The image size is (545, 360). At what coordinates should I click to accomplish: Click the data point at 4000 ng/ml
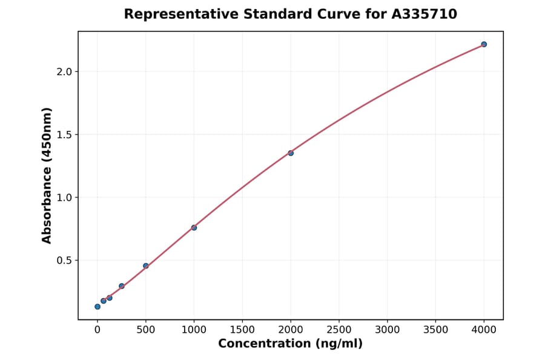coord(484,44)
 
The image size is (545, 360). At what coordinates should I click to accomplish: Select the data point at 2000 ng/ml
coord(291,153)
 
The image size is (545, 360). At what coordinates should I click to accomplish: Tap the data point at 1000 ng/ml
coord(194,227)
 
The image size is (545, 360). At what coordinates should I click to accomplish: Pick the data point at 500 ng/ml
coord(146,265)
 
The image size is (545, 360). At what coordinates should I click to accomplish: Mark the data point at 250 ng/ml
coord(122,286)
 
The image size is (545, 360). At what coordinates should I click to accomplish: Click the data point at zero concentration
coord(97,307)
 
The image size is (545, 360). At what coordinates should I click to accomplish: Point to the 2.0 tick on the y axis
coord(65,72)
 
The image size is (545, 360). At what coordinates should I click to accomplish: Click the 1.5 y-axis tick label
coord(65,135)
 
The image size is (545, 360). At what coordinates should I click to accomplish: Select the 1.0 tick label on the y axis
coord(65,198)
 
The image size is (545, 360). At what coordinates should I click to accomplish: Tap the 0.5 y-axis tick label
coord(65,261)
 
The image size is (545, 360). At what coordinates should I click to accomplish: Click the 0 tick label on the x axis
coord(97,330)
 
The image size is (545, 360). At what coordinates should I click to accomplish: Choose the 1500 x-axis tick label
coord(242,330)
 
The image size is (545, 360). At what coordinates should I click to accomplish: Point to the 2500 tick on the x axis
coord(339,330)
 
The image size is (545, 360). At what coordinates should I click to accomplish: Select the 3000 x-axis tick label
coord(388,330)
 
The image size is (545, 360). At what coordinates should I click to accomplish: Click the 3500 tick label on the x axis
coord(435,330)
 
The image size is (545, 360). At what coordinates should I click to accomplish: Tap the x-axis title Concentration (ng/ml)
coord(290,344)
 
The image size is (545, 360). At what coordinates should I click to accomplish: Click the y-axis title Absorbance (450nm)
coord(47,175)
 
